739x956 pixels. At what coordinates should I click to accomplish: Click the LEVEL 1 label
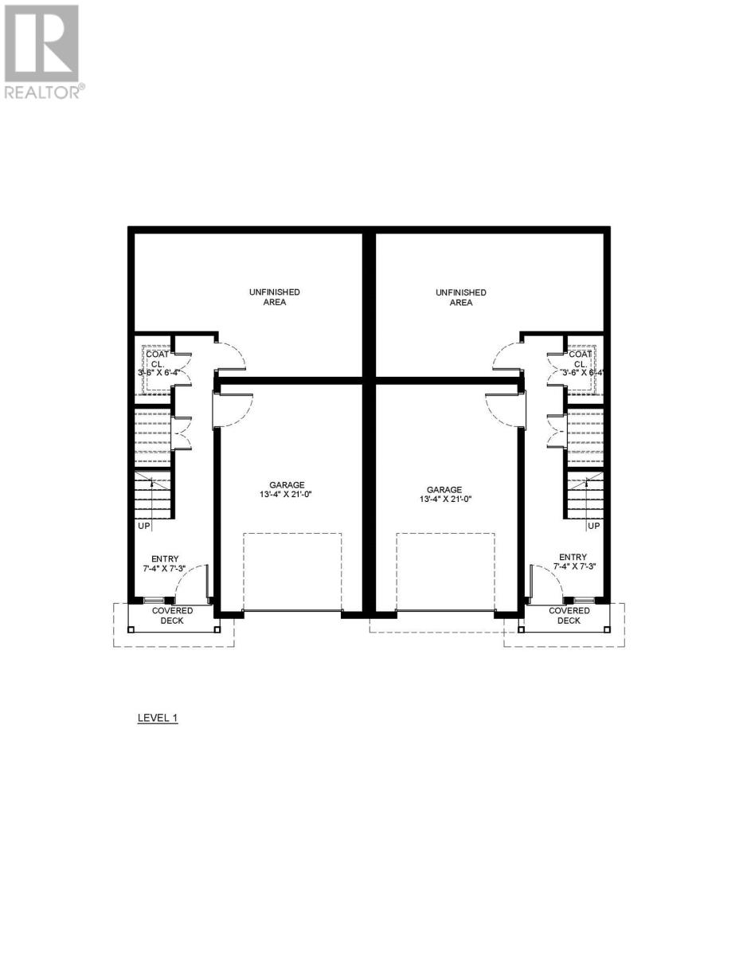pyautogui.click(x=158, y=718)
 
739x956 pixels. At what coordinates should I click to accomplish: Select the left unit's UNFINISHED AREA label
pyautogui.click(x=274, y=297)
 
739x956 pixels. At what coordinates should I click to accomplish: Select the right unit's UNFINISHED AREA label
pyautogui.click(x=461, y=297)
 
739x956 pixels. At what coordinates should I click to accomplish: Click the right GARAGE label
pyautogui.click(x=444, y=490)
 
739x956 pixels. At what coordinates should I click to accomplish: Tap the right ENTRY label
pyautogui.click(x=573, y=557)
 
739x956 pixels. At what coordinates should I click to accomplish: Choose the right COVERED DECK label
pyautogui.click(x=569, y=615)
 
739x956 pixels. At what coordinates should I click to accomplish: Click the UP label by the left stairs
pyautogui.click(x=144, y=526)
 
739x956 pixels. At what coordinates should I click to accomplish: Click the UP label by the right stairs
pyautogui.click(x=593, y=526)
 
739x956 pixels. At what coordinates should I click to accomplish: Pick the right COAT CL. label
pyautogui.click(x=581, y=358)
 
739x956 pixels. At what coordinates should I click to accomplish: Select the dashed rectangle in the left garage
pyautogui.click(x=292, y=571)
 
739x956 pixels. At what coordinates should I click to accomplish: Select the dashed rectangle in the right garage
pyautogui.click(x=445, y=571)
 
